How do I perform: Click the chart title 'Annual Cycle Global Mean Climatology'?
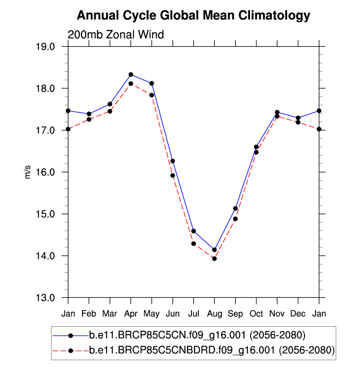194,16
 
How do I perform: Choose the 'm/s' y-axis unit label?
28,172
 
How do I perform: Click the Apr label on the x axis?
131,313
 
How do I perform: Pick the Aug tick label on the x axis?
215,313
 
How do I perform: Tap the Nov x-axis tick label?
277,313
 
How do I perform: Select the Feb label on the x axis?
89,313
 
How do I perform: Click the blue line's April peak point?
131,75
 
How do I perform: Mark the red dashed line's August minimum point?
215,259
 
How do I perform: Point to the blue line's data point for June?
173,161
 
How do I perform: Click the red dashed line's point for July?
194,243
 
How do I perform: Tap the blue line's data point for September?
236,209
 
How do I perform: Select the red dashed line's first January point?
68,129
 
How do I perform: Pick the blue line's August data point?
215,250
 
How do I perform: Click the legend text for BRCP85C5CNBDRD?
212,350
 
